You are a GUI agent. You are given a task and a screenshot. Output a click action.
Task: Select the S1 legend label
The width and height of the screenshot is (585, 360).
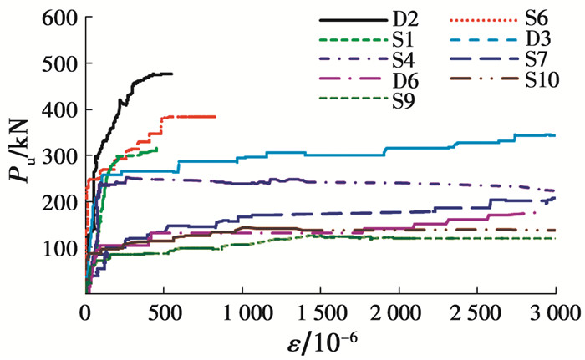pyautogui.click(x=401, y=39)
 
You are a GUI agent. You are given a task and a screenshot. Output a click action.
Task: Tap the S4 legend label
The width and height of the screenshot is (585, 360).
pyautogui.click(x=401, y=60)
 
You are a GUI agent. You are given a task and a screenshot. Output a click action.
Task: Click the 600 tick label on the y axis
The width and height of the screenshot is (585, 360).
pyautogui.click(x=57, y=18)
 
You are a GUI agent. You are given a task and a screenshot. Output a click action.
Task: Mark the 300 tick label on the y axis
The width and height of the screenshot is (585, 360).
pyautogui.click(x=57, y=157)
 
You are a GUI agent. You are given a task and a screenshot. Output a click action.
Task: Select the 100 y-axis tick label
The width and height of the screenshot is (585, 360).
pyautogui.click(x=57, y=250)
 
